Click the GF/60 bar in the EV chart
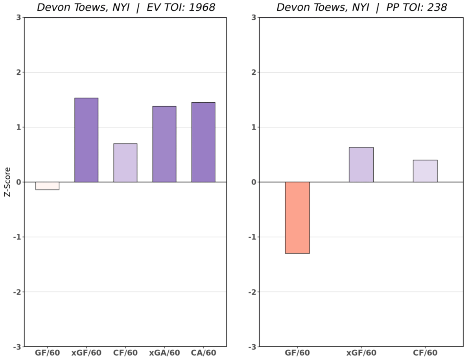pyautogui.click(x=47, y=186)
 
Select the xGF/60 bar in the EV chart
pyautogui.click(x=86, y=140)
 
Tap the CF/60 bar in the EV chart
pyautogui.click(x=125, y=163)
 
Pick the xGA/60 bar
pyautogui.click(x=164, y=144)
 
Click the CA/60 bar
pyautogui.click(x=203, y=142)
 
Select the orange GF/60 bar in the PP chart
pyautogui.click(x=297, y=218)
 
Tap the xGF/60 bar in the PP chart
pyautogui.click(x=361, y=164)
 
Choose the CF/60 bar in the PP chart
pyautogui.click(x=425, y=171)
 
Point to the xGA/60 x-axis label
pyautogui.click(x=164, y=353)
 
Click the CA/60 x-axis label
pyautogui.click(x=203, y=353)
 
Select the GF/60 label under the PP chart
pyautogui.click(x=297, y=353)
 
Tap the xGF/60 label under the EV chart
pyautogui.click(x=86, y=353)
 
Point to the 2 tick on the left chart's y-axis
pyautogui.click(x=18, y=72)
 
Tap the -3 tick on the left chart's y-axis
pyautogui.click(x=17, y=347)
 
